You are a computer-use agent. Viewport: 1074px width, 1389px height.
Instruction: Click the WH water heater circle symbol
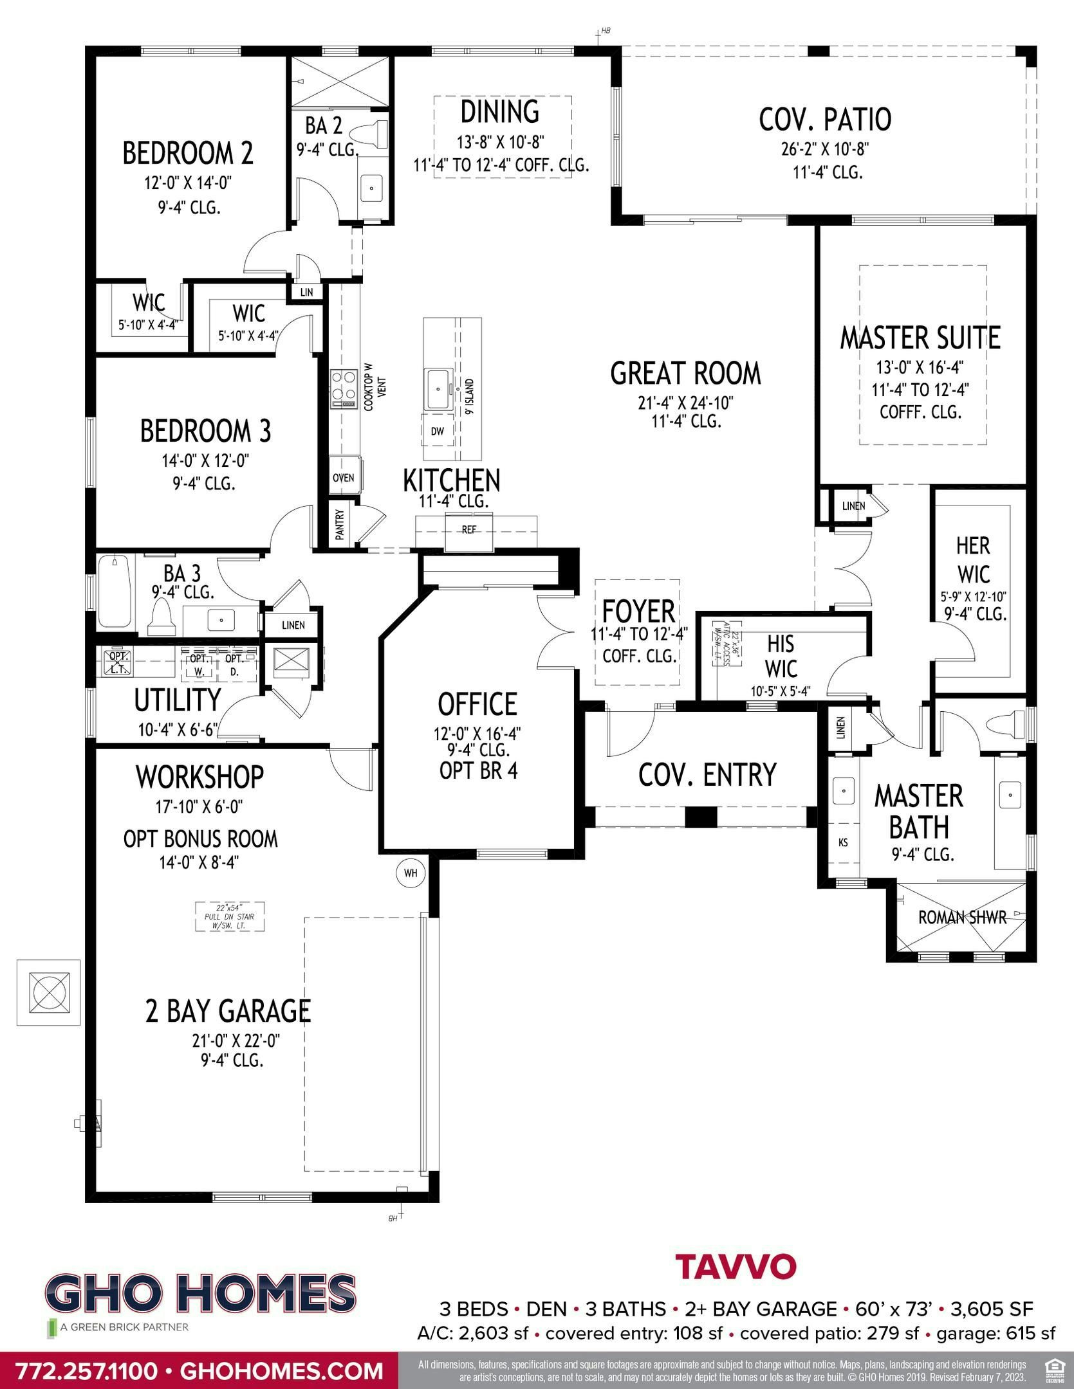(411, 873)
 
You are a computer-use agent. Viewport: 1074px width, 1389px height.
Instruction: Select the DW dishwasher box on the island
(438, 431)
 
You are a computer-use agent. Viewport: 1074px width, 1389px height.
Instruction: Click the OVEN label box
(344, 478)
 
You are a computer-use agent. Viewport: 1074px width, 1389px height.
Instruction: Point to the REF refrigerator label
(469, 530)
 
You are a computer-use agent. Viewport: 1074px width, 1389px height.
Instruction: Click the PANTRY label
(340, 524)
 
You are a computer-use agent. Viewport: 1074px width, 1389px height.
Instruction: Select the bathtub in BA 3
(116, 592)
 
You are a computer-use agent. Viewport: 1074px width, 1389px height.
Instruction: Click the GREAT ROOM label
(685, 374)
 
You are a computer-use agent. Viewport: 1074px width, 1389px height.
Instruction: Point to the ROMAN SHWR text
(961, 918)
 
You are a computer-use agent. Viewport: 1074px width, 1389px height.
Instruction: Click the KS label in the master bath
(843, 842)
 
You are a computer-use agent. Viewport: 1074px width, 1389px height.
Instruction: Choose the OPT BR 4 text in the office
(478, 770)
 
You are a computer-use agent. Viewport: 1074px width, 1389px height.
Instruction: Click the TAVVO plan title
(736, 1266)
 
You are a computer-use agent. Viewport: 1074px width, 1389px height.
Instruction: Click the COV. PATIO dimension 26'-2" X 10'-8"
(826, 149)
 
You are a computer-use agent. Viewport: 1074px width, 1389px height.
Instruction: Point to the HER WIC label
(973, 559)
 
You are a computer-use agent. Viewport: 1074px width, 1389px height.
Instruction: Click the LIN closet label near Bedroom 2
(307, 292)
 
